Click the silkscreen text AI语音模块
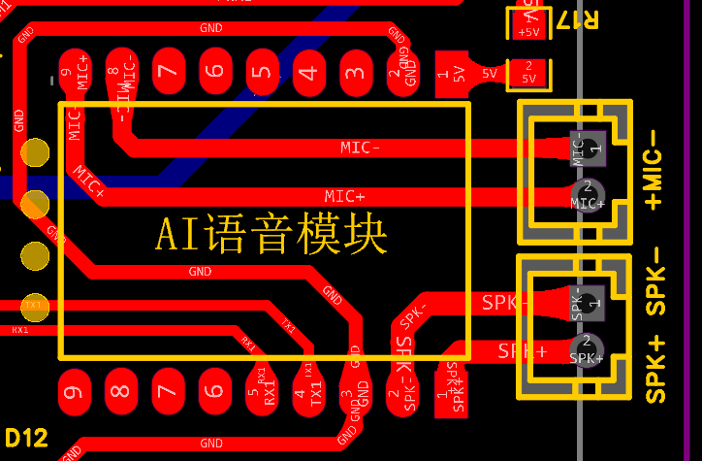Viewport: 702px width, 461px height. [271, 235]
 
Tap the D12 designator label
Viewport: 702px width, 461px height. [26, 438]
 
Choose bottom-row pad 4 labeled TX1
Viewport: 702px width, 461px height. [309, 391]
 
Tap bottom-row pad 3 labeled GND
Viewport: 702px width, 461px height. [356, 391]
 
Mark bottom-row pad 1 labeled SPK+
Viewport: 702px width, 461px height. [451, 391]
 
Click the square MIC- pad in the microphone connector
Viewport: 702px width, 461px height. [588, 148]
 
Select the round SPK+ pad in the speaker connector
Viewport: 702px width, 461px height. [586, 349]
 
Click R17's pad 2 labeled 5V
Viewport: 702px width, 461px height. [529, 73]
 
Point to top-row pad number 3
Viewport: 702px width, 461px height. [356, 73]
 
